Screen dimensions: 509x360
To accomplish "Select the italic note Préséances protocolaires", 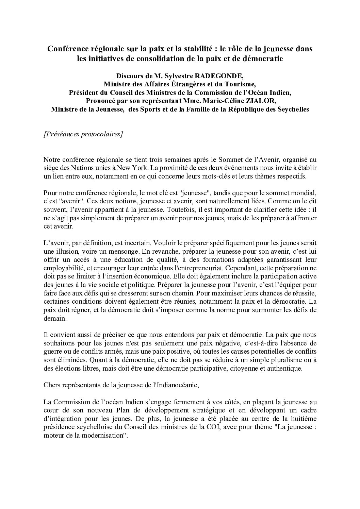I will coord(83,134).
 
